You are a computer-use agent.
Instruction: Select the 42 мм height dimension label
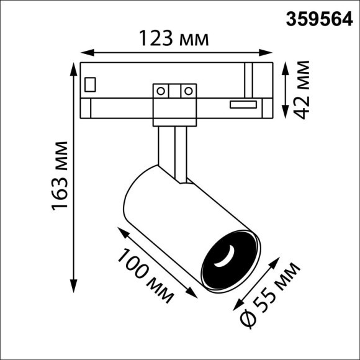pos(302,89)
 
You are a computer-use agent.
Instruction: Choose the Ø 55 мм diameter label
pos(271,294)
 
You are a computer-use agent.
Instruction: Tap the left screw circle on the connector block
pos(161,91)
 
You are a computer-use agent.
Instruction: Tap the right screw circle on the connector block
pos(186,91)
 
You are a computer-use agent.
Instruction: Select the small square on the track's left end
pos(91,83)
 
